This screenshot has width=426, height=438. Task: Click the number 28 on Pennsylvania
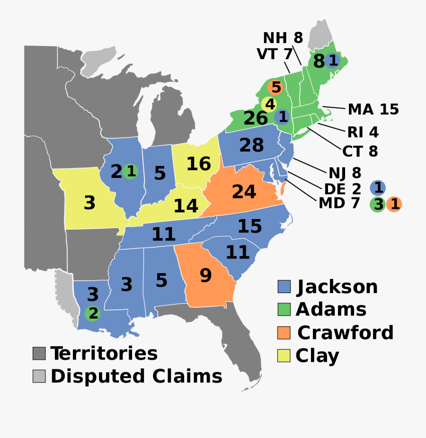(x=251, y=145)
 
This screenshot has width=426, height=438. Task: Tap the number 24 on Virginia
(x=244, y=192)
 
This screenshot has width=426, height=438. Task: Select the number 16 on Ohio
(x=198, y=164)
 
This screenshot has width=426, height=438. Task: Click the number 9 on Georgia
(x=205, y=275)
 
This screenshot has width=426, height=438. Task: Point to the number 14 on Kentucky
(x=186, y=206)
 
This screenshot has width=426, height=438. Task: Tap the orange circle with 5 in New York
(x=276, y=88)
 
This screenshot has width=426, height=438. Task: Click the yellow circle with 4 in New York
(x=269, y=104)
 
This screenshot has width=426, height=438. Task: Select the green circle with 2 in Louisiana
(x=93, y=313)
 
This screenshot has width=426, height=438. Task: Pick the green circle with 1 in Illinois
(x=131, y=171)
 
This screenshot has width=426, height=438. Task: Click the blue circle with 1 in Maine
(x=333, y=61)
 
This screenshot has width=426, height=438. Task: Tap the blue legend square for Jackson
(x=284, y=286)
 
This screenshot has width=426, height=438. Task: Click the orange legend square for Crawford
(x=284, y=333)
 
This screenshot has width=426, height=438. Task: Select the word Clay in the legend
(x=317, y=356)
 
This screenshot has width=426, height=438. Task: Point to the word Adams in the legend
(x=331, y=310)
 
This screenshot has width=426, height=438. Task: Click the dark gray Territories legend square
(x=39, y=353)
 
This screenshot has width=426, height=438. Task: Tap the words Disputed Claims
(x=136, y=376)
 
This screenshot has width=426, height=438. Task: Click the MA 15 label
(x=373, y=110)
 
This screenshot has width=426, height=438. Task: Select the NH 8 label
(x=283, y=37)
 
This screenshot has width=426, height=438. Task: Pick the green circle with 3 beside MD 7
(x=378, y=205)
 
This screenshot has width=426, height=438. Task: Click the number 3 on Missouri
(x=89, y=203)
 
